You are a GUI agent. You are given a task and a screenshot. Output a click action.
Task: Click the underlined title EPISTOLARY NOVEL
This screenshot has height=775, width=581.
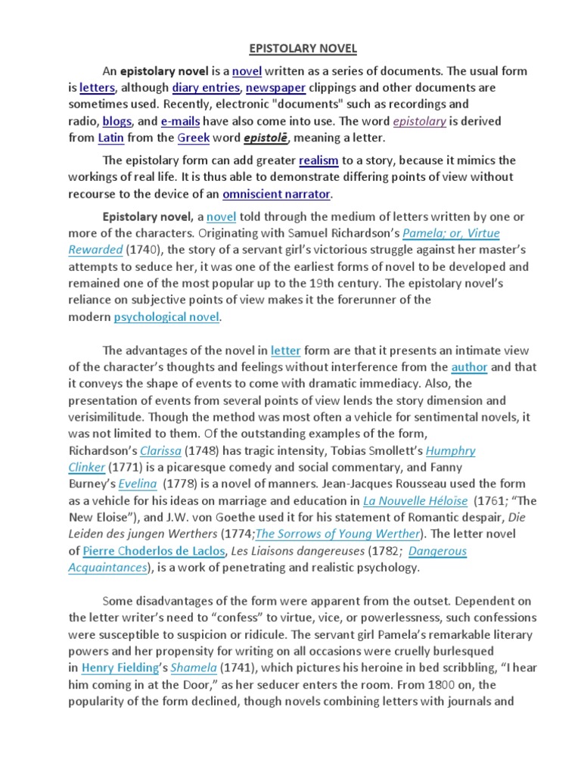[291, 49]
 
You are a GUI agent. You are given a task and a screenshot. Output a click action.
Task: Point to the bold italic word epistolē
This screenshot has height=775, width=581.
[266, 138]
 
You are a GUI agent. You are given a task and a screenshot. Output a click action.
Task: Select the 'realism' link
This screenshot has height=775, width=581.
[324, 160]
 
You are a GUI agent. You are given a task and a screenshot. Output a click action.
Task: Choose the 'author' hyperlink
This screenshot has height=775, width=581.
[470, 367]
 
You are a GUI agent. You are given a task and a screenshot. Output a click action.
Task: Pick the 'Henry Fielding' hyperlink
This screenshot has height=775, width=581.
[117, 668]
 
